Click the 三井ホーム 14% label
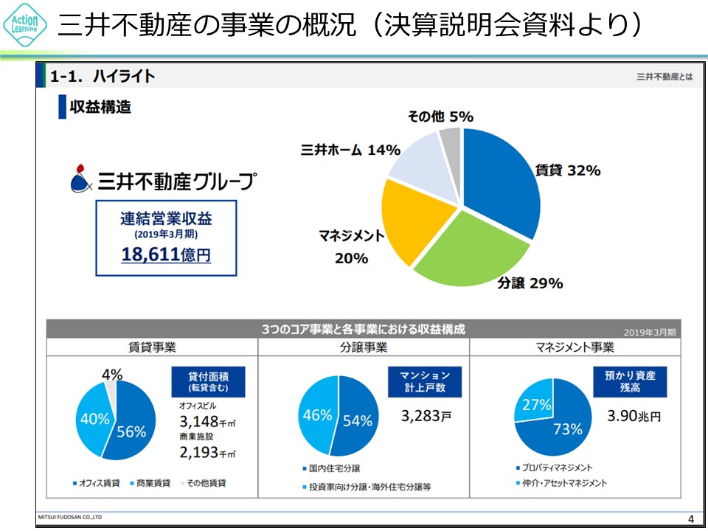(350, 150)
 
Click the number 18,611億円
(166, 255)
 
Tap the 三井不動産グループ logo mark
(80, 178)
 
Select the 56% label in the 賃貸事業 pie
(131, 432)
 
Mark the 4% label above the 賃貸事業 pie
(113, 375)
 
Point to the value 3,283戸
(426, 416)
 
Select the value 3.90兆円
(634, 416)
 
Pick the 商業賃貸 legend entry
(150, 483)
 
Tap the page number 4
(690, 516)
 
